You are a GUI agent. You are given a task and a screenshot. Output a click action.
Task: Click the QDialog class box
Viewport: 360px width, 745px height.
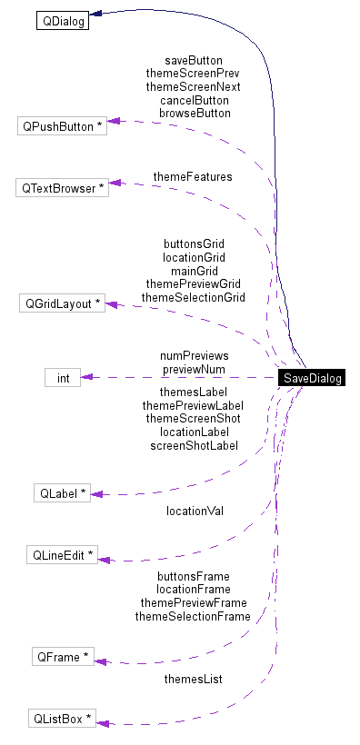62,20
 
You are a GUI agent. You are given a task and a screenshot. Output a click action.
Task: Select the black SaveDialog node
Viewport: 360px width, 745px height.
312,378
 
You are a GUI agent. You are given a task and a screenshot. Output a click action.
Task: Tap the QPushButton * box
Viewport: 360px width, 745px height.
62,126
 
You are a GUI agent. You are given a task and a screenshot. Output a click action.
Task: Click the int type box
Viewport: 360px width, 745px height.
63,377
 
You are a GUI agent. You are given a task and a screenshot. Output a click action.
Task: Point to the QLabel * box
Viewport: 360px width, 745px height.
62,493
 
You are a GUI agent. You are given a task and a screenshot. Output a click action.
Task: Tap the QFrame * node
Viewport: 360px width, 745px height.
62,656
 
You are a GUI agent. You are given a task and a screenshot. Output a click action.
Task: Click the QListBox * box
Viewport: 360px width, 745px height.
62,719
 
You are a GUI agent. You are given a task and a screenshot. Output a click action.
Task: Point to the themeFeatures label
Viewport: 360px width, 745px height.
193,176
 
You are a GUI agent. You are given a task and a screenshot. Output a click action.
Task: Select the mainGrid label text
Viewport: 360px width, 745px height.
194,271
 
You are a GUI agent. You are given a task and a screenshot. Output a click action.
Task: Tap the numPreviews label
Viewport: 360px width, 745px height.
194,356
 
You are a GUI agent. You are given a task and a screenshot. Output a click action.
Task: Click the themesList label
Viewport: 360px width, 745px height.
193,679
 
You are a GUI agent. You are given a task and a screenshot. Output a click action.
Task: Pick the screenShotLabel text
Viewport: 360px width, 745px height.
194,445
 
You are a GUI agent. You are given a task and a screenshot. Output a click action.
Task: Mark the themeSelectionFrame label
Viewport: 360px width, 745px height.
193,616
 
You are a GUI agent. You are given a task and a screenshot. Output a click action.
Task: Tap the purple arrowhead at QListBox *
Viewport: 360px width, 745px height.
102,723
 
